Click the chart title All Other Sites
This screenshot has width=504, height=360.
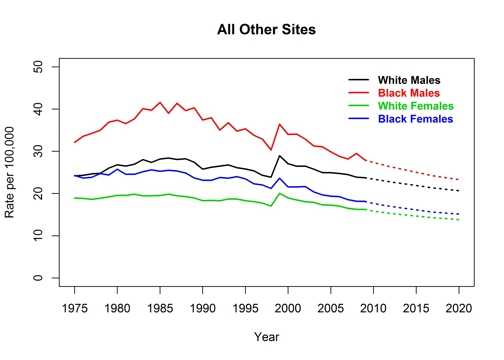(x=266, y=30)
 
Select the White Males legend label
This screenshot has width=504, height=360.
(x=410, y=79)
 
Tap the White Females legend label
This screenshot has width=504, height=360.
(x=415, y=106)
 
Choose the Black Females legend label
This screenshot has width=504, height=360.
(x=415, y=119)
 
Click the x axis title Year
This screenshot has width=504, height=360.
(x=267, y=337)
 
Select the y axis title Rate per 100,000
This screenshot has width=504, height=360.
(x=13, y=172)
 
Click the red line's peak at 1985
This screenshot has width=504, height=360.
(x=160, y=102)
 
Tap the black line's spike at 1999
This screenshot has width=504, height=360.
(x=280, y=156)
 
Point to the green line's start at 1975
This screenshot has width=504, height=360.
(x=75, y=198)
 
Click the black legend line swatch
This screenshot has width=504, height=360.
(x=357, y=79)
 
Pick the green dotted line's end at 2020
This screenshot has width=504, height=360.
(x=459, y=219)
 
